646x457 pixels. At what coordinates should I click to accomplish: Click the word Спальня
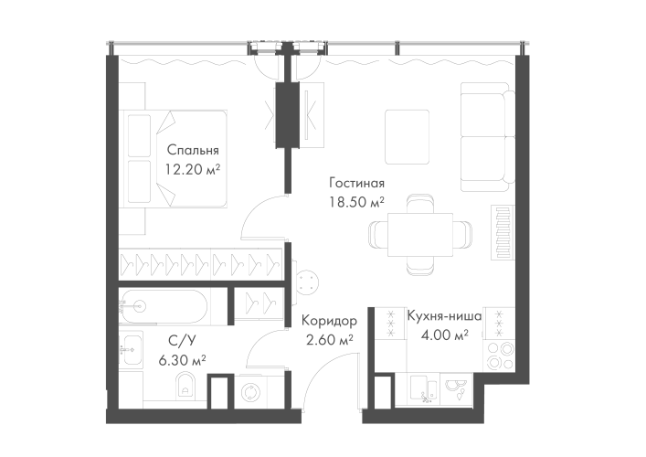coord(193,150)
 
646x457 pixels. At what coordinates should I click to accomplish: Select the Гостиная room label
coord(357,184)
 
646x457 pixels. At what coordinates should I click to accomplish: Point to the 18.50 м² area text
coord(357,202)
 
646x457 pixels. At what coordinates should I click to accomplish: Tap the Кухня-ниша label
coord(445,315)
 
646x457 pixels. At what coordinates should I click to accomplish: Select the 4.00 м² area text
coord(445,335)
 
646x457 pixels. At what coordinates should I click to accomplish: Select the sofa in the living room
coord(483,137)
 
